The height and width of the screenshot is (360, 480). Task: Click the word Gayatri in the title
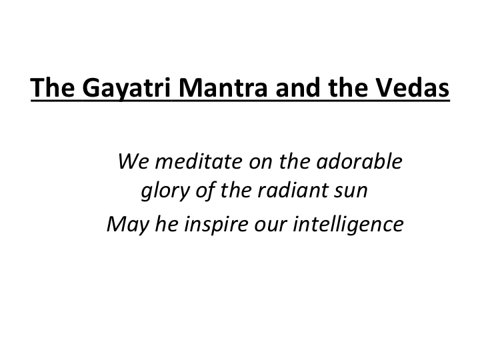coord(126,88)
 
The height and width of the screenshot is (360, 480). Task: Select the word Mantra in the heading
coord(223,87)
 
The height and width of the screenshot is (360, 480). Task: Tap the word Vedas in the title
coord(413,87)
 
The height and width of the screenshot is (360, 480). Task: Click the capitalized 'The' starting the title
coord(53,87)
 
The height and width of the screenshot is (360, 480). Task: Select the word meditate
coord(199,161)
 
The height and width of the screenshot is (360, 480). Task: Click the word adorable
coord(359,161)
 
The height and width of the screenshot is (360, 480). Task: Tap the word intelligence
coord(349,225)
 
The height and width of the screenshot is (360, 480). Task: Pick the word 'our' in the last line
coord(270,226)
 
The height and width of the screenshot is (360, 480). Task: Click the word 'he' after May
coord(167,224)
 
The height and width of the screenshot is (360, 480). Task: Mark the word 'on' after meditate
coord(261,163)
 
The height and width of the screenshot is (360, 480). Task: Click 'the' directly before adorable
coord(294,161)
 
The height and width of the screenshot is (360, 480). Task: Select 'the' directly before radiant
coord(236,190)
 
